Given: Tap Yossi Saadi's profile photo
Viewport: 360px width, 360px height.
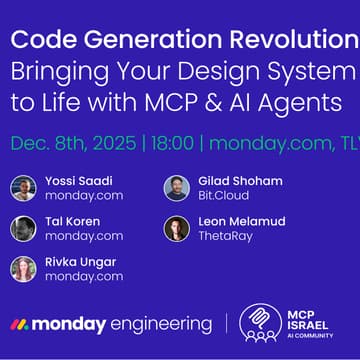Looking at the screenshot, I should (x=23, y=188).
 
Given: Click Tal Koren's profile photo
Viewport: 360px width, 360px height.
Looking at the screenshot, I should (x=23, y=228).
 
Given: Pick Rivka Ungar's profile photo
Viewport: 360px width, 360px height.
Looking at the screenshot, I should (x=23, y=268).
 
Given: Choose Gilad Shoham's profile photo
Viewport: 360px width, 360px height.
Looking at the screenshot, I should (x=176, y=188).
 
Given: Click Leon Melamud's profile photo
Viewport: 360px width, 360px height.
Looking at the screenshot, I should (x=176, y=228).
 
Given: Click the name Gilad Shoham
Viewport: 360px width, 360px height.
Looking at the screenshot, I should (x=240, y=181).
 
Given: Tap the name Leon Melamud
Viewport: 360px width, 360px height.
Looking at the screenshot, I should (x=246, y=221).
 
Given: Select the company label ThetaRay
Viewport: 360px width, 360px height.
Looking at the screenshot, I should (x=228, y=236).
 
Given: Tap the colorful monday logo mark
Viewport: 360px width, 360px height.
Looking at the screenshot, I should (x=19, y=325).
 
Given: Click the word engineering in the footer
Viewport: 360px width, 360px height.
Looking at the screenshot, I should (x=161, y=325).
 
